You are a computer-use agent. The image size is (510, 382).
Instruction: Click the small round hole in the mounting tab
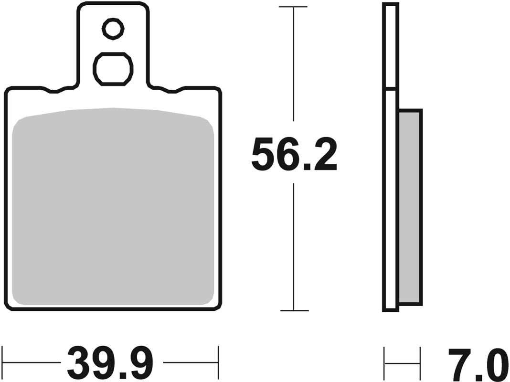(x=113, y=30)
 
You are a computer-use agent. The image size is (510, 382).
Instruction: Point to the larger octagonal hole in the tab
(x=113, y=69)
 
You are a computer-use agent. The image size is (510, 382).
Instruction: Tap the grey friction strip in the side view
(x=410, y=206)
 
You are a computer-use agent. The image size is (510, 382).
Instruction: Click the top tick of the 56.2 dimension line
(x=293, y=7)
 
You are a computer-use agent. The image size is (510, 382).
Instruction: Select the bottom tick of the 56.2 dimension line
(x=293, y=310)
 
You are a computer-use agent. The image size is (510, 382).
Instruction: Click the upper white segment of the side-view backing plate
(x=390, y=46)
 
